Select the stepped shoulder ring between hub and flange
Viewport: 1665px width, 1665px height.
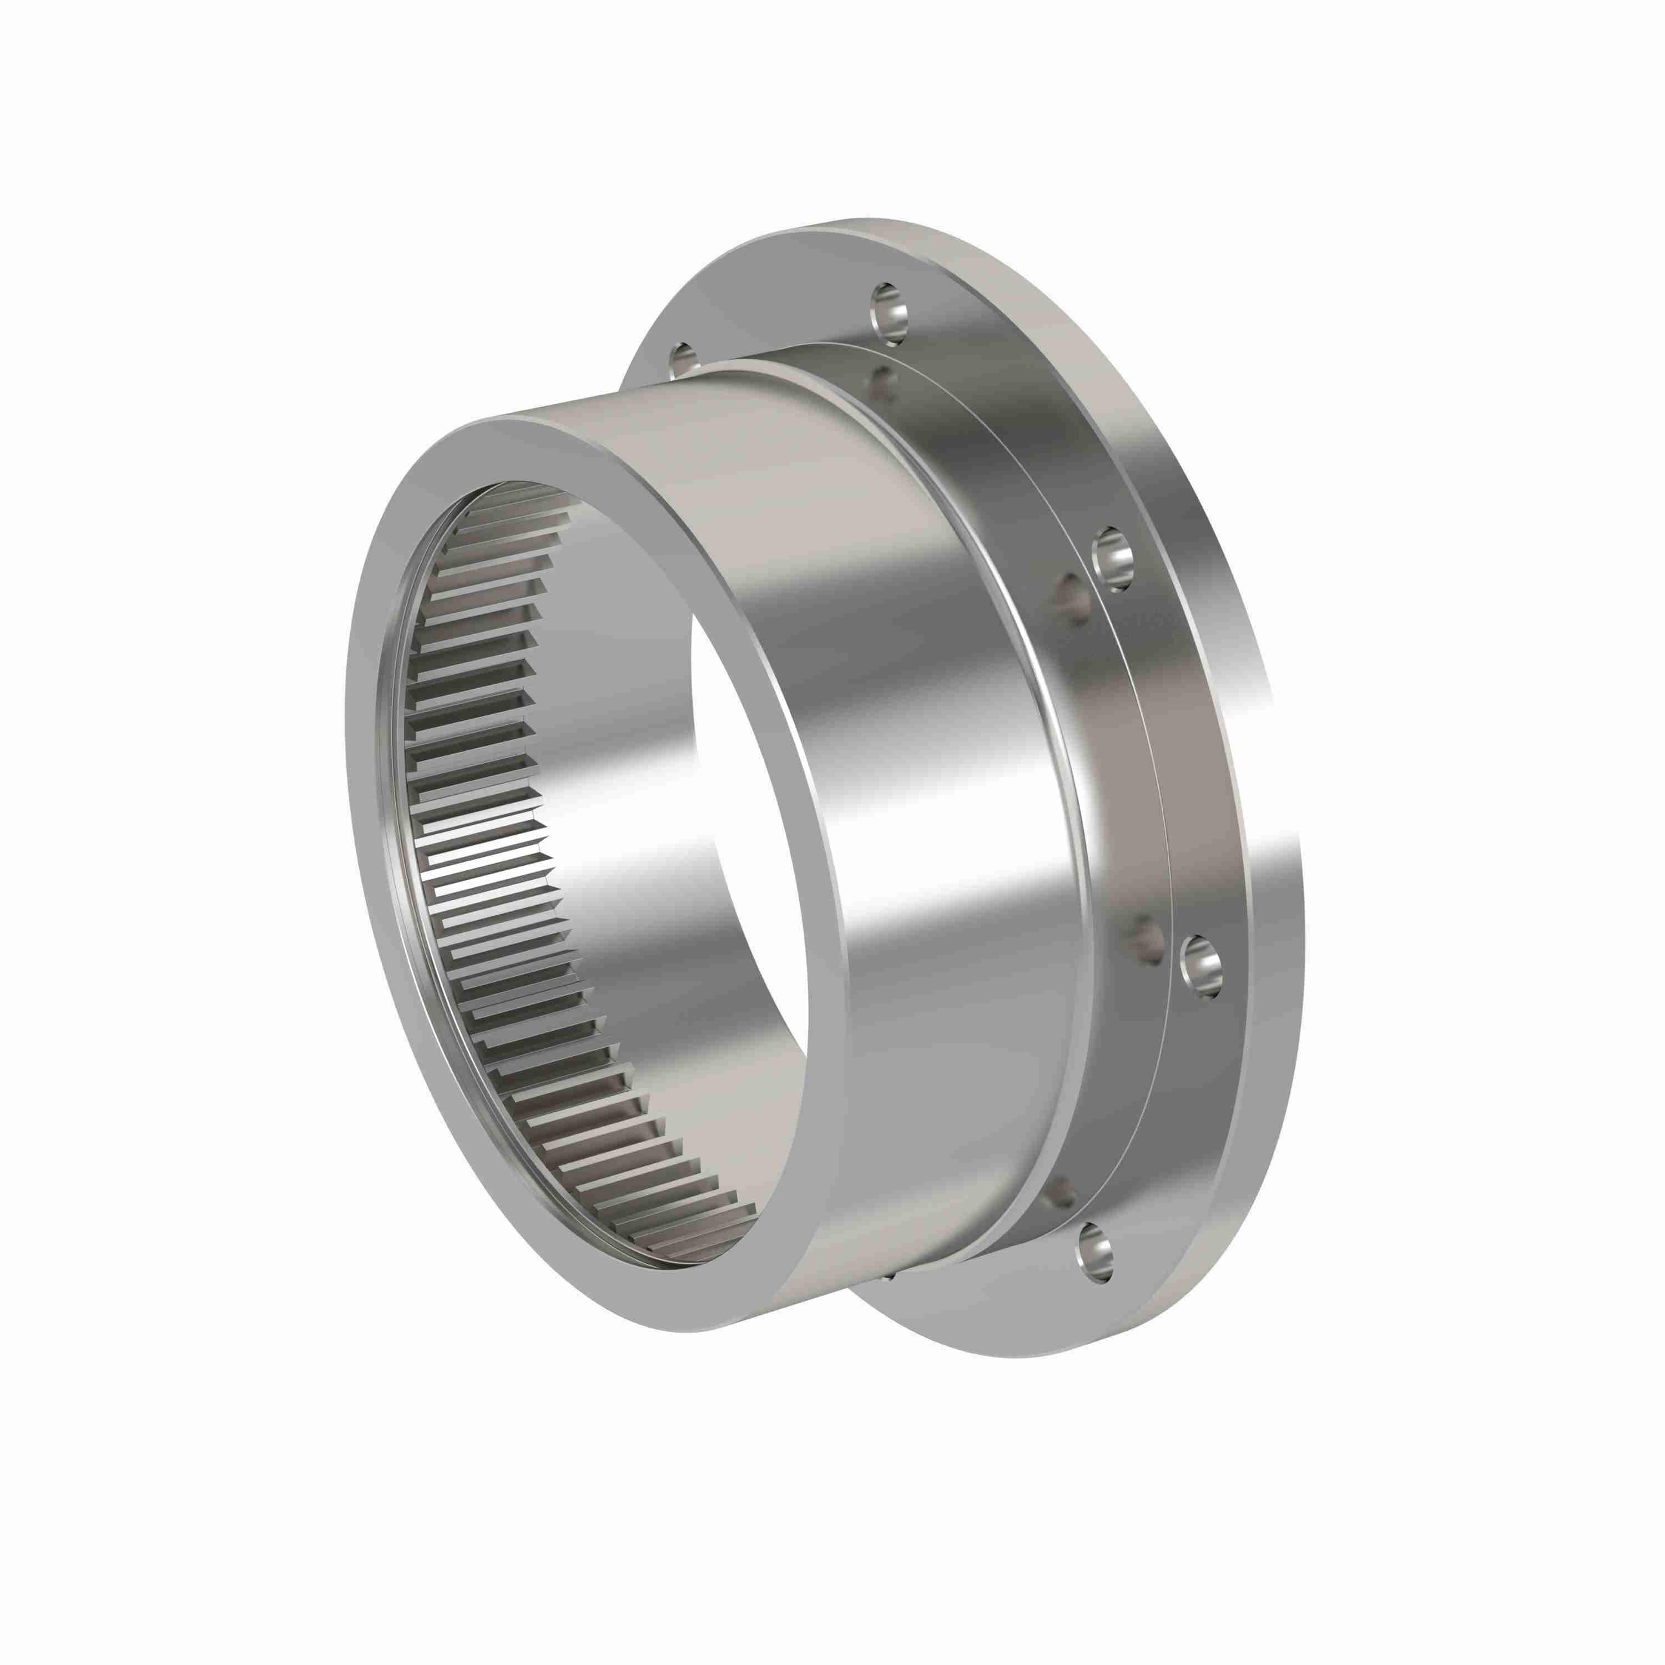[1112, 776]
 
